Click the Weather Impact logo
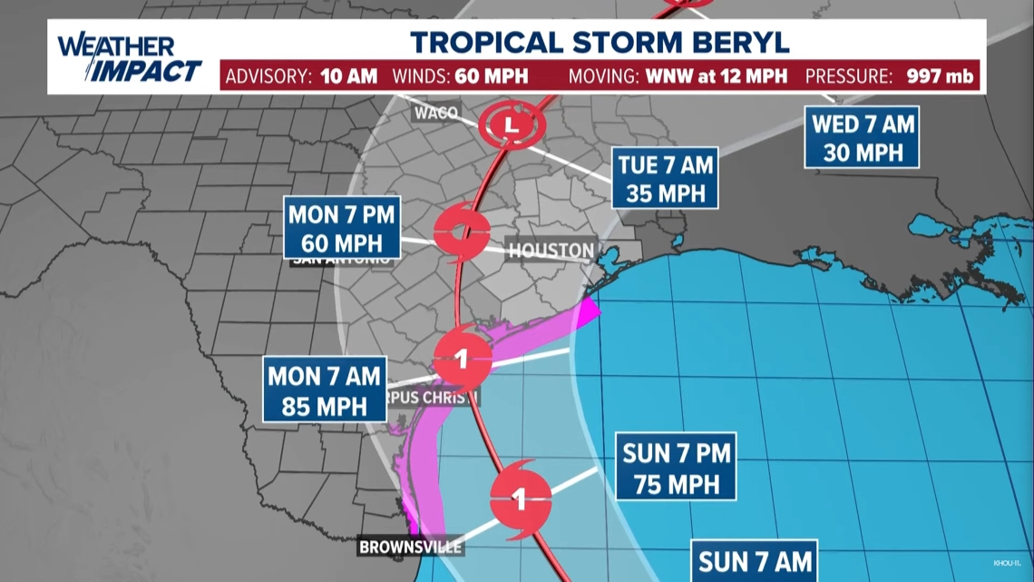129,58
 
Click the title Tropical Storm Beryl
600,42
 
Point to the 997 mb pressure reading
940,75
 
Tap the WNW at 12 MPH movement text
705,75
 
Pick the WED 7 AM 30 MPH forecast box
862,137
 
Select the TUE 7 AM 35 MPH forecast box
665,179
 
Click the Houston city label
551,251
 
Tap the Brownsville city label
411,547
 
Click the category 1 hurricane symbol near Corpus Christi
462,359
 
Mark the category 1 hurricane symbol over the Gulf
520,498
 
